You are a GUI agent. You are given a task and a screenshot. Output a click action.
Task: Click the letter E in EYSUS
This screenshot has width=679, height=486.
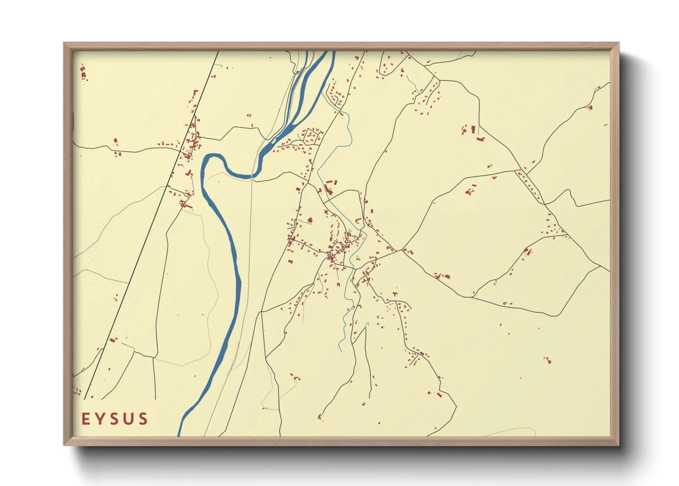click(86, 419)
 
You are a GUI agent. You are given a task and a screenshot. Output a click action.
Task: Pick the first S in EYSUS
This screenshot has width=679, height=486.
click(114, 419)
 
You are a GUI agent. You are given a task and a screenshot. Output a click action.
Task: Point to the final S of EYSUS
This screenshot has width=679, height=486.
click(143, 419)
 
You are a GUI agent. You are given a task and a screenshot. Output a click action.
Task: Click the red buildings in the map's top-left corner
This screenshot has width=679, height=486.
click(83, 73)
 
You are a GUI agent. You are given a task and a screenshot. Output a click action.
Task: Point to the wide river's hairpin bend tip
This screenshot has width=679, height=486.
click(203, 161)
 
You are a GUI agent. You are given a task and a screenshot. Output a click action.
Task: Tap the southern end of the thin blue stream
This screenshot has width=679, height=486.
click(340, 351)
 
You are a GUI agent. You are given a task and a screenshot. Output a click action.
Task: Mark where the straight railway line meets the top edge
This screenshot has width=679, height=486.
click(217, 51)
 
